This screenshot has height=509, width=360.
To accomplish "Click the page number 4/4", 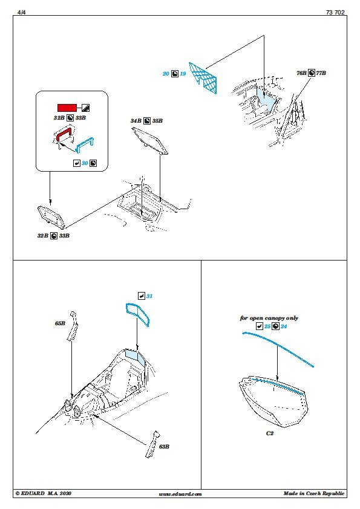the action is [x=21, y=12].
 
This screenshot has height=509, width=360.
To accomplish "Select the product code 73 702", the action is [x=335, y=12].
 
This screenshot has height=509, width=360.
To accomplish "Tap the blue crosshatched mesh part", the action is [x=203, y=78].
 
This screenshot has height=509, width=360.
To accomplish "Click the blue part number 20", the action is [x=166, y=74].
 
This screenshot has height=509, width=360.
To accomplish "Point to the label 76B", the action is [x=301, y=73].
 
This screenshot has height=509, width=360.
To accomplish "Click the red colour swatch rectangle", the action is [x=67, y=108].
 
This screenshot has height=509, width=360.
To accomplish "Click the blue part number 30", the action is [x=85, y=163].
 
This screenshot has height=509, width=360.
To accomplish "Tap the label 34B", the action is [x=136, y=121].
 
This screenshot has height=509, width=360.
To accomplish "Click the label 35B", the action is [x=157, y=121].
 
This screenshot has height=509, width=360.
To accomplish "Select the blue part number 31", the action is [x=149, y=296].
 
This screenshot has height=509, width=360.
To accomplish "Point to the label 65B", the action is [x=60, y=323].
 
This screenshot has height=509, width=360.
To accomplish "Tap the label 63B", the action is [x=164, y=447].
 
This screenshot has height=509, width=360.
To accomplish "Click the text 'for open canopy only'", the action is [x=269, y=318].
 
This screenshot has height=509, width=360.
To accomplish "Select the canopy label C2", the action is [x=270, y=433].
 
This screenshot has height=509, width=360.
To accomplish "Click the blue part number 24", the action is [x=284, y=326].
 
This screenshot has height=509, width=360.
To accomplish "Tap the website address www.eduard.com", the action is [x=180, y=494].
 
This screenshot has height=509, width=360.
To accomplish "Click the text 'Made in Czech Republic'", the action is [x=314, y=494].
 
